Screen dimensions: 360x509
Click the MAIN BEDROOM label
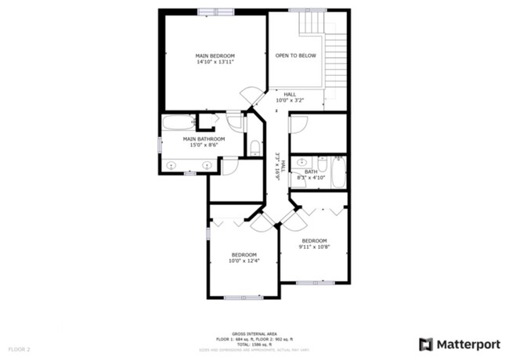pyautogui.click(x=215, y=56)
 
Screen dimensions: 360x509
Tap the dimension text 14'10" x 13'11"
pyautogui.click(x=215, y=63)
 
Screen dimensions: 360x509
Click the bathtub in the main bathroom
pyautogui.click(x=178, y=123)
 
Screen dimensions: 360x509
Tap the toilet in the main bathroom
pyautogui.click(x=255, y=146)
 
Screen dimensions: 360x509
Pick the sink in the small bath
pyautogui.click(x=301, y=163)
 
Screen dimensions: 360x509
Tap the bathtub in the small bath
pyautogui.click(x=338, y=171)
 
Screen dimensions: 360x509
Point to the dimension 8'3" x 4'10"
pyautogui.click(x=311, y=178)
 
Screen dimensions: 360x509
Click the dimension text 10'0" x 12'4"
pyautogui.click(x=244, y=261)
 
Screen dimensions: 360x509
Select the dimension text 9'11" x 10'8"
pyautogui.click(x=314, y=247)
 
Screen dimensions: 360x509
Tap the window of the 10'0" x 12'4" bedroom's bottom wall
pyautogui.click(x=244, y=297)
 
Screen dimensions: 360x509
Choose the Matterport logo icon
pyautogui.click(x=426, y=344)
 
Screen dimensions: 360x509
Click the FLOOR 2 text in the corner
pyautogui.click(x=19, y=348)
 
